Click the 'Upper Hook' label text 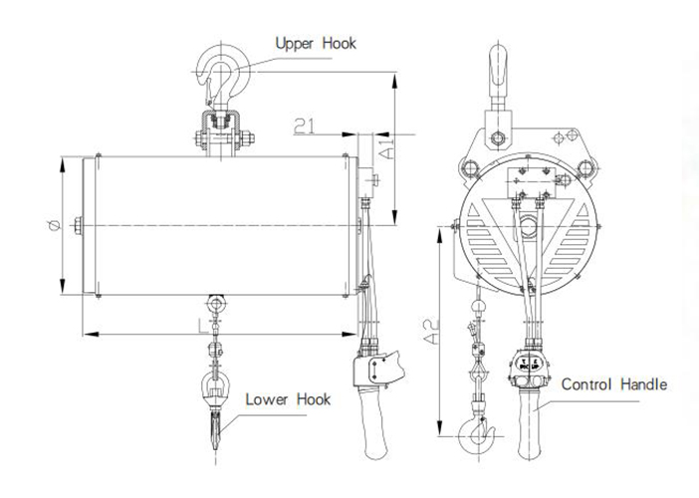316,43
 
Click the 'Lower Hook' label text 288,399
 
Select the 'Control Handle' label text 613,384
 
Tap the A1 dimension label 387,148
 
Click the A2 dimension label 431,332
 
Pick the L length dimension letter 203,326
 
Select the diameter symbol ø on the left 54,226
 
